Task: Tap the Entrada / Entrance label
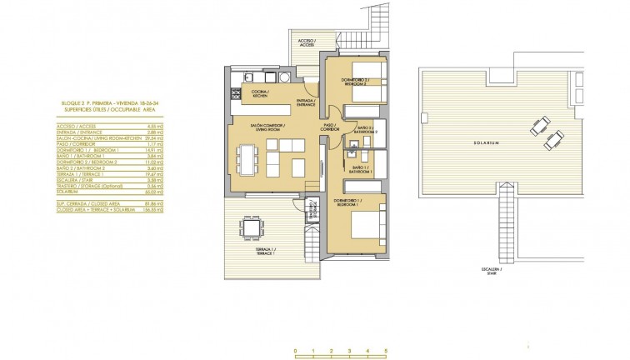click(x=305, y=104)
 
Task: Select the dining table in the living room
click(x=246, y=158)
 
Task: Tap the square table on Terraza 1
click(x=251, y=227)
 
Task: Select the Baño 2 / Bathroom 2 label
click(x=367, y=130)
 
